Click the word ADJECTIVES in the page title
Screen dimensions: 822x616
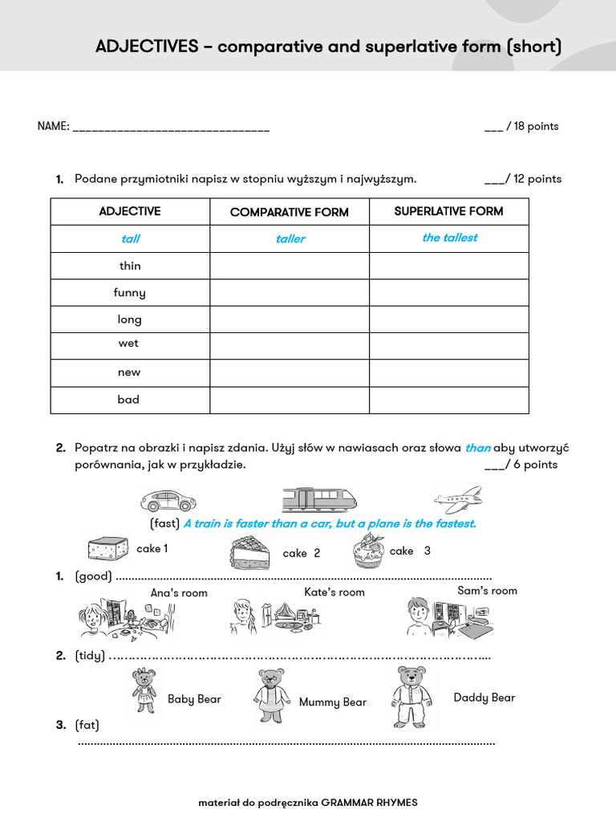[147, 47]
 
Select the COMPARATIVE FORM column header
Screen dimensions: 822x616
[289, 212]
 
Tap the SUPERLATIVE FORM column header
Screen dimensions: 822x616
[448, 211]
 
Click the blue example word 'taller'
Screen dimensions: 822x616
[290, 239]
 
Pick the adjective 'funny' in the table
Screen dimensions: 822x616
[129, 293]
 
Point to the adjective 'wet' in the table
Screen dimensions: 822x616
[128, 344]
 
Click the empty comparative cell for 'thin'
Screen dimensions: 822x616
[289, 266]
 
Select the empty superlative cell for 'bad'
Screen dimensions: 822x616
[448, 400]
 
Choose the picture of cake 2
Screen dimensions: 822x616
[252, 553]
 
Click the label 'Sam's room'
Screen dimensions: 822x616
[487, 591]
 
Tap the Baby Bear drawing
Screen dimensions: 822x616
[144, 691]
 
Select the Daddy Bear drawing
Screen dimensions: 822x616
[411, 697]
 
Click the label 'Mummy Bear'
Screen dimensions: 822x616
[332, 702]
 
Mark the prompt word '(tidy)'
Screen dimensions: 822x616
[90, 656]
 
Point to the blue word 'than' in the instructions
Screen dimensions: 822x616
[477, 448]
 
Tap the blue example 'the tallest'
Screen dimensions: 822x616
[449, 238]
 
